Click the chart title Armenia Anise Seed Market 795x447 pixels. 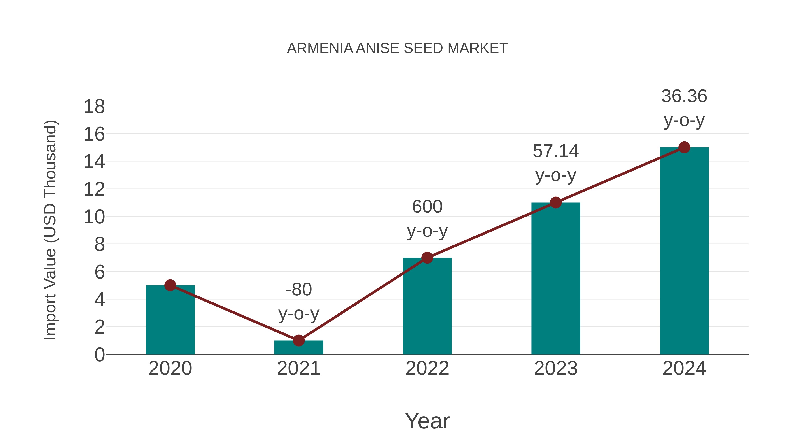pos(397,48)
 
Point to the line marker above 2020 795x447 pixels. pos(170,285)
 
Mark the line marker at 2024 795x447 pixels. pos(684,147)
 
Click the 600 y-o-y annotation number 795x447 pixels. pos(427,207)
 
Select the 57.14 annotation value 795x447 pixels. pos(556,151)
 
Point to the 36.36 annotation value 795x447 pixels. pos(684,96)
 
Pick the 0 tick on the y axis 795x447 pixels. pos(99,355)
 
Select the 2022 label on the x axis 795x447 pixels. pos(427,368)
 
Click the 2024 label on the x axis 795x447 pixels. pos(684,368)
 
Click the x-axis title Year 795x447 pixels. pos(427,421)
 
